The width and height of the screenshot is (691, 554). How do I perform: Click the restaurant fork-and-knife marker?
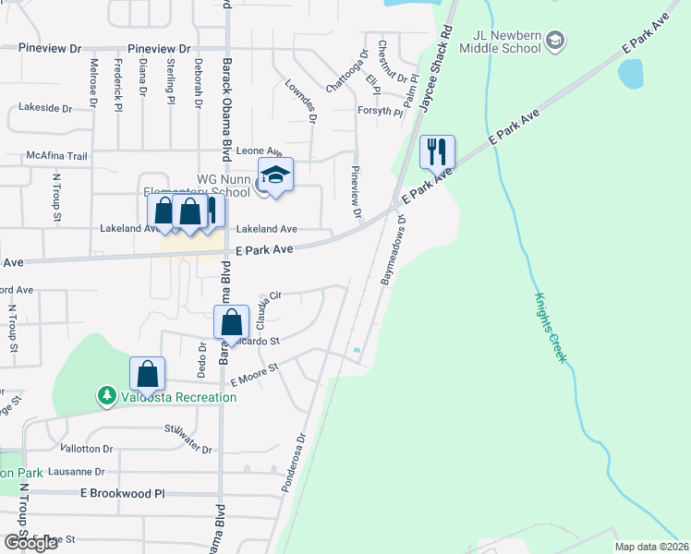coord(438,151)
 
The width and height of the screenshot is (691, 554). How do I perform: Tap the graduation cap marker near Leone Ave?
coord(275,174)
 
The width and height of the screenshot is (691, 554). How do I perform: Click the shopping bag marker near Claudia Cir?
coord(232,322)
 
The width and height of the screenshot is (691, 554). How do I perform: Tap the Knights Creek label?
coord(550,328)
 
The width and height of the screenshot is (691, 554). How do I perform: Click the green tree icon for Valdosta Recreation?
coord(107,396)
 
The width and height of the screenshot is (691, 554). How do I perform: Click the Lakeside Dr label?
coord(38,108)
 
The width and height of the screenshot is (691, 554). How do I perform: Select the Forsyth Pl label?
coord(379,112)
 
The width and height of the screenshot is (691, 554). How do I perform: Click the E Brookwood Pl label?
coord(123,494)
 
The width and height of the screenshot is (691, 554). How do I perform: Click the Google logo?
coord(30,542)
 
